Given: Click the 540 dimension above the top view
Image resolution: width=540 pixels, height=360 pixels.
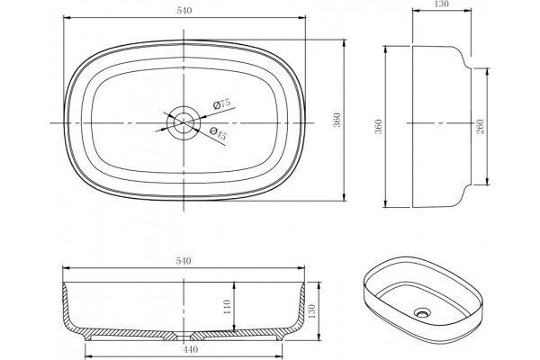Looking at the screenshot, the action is [x=184, y=11].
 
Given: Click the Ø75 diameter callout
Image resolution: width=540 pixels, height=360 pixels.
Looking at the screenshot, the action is [x=221, y=103].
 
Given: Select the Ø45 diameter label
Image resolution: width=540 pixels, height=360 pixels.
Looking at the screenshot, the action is [x=218, y=133].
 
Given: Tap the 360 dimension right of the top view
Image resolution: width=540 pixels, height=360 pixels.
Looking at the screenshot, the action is [x=337, y=120].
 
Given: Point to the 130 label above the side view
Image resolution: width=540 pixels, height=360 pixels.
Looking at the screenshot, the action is [x=442, y=4].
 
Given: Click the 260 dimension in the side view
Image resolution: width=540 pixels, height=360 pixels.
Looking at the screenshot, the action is [x=481, y=126].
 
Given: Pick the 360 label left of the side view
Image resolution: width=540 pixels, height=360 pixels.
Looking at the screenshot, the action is [x=378, y=126].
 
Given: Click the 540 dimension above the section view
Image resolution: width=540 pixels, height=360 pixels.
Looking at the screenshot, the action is [x=184, y=261].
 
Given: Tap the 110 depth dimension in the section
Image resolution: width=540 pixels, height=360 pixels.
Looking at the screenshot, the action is [x=227, y=307].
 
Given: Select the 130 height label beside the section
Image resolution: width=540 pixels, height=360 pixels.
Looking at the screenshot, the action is [x=311, y=311].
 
